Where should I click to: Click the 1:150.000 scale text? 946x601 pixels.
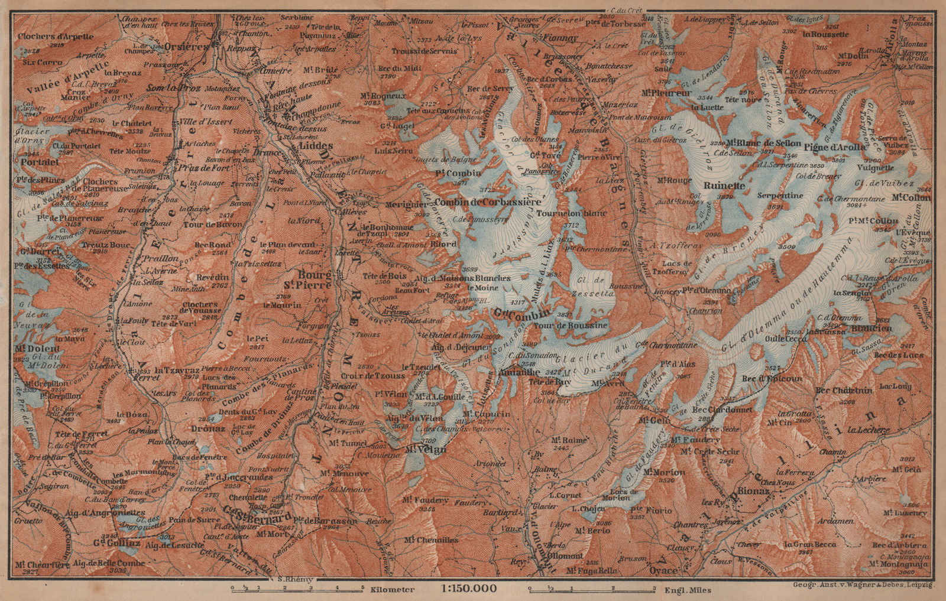(468, 589)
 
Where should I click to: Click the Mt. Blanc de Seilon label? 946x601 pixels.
(763, 144)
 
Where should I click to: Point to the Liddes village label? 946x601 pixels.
(316, 146)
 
